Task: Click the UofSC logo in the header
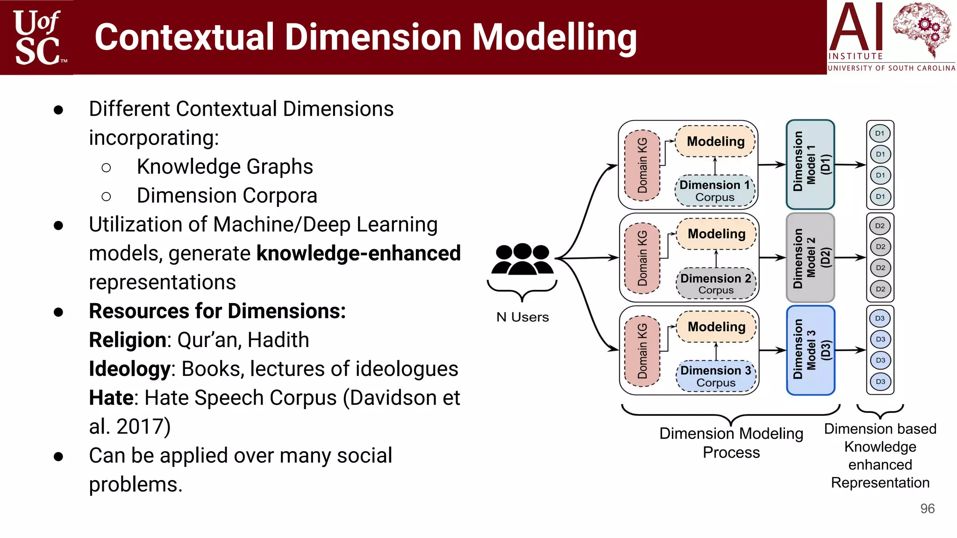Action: [x=37, y=37]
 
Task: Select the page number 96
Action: [x=927, y=509]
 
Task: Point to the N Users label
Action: [x=522, y=317]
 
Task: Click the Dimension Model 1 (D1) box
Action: [x=810, y=164]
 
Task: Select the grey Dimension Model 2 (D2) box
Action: [x=810, y=257]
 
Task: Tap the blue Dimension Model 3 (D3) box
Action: [x=810, y=350]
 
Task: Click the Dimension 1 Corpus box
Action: [x=715, y=191]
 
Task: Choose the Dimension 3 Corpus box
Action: [x=716, y=376]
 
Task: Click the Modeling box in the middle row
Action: [x=716, y=234]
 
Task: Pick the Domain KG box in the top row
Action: [x=643, y=165]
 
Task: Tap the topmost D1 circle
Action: [x=880, y=134]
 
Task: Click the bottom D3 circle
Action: [x=880, y=382]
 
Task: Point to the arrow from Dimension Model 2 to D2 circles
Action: [x=850, y=257]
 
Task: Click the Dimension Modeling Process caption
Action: [x=731, y=443]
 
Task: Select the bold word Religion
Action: [x=128, y=340]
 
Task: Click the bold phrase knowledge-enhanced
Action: [x=358, y=254]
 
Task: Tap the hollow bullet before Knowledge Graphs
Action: [x=106, y=167]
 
